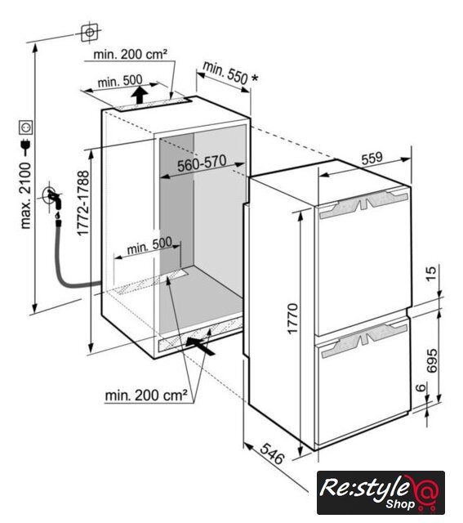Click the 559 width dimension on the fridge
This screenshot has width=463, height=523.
coord(372,159)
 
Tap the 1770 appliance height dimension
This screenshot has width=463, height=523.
coord(292,319)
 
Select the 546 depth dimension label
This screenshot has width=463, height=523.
coord(272,454)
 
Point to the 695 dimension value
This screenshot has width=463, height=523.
coord(432,360)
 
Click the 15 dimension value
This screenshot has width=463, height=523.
coord(431,274)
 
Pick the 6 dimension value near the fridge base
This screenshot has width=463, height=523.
coord(421,388)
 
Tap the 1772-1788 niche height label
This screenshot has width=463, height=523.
coord(83,203)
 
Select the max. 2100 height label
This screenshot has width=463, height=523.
coord(25,195)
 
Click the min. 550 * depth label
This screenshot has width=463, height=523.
coord(230,74)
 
